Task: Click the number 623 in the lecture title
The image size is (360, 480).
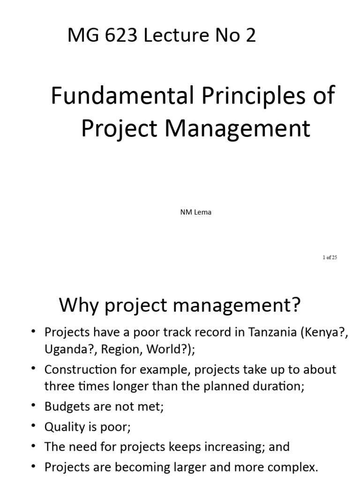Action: click(123, 35)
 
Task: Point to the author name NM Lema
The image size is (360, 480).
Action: click(195, 212)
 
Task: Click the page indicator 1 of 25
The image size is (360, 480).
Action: click(330, 257)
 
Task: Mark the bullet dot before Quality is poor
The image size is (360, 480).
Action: click(33, 426)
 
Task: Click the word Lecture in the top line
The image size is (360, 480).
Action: click(171, 35)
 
